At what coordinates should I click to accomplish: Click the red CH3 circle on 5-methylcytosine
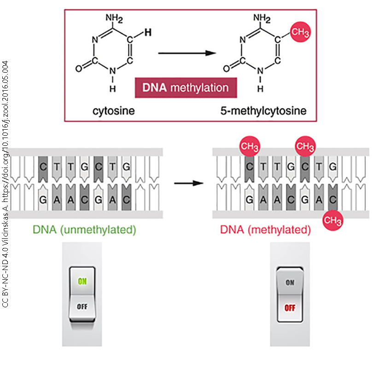300,34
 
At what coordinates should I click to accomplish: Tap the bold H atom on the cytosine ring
147,33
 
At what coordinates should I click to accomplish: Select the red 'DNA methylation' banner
186,87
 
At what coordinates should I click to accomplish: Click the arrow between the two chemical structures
187,53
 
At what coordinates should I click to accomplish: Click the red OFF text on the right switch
290,308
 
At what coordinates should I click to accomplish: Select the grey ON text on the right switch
290,283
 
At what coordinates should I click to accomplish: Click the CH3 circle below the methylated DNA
333,220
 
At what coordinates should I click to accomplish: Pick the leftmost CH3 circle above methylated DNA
249,147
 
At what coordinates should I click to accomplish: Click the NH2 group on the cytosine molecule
114,19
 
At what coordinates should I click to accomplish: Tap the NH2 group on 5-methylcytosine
262,19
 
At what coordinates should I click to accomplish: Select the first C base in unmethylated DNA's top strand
43,165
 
